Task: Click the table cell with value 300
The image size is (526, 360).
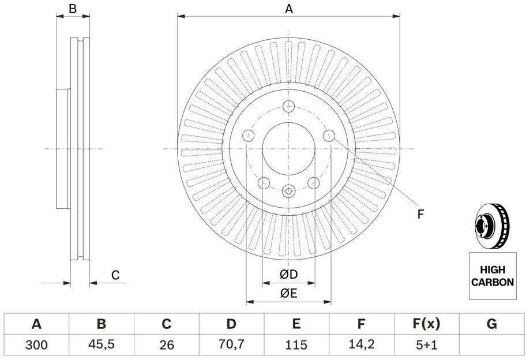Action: click(36, 345)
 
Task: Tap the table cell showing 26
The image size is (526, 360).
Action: click(167, 345)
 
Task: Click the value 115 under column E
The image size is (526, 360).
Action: click(296, 345)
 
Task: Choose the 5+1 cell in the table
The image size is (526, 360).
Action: click(426, 345)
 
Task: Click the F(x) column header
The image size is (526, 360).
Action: click(426, 324)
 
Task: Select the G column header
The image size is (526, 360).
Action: click(491, 324)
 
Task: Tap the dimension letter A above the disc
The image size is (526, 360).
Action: click(289, 9)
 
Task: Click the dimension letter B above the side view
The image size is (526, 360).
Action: click(73, 9)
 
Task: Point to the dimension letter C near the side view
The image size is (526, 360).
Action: click(115, 275)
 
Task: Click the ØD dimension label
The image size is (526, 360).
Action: click(289, 275)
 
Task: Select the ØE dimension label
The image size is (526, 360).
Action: click(289, 293)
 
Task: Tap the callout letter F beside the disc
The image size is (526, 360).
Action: click(420, 214)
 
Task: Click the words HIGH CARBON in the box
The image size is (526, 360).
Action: click(493, 276)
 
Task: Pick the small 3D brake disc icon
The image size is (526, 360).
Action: click(492, 226)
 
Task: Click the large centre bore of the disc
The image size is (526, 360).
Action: click(289, 149)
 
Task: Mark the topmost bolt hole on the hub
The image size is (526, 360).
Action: click(288, 107)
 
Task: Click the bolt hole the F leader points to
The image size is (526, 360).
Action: click(329, 136)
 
